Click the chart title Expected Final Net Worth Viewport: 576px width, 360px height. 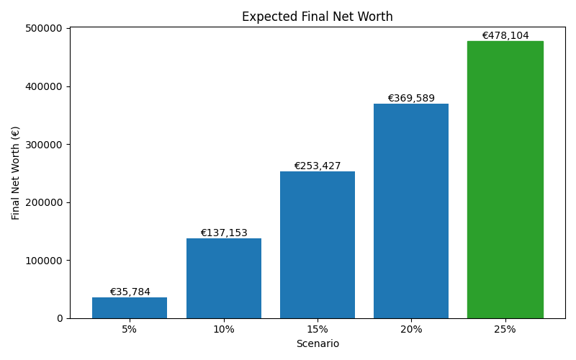(x=318, y=17)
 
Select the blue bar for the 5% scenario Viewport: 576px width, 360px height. (x=130, y=307)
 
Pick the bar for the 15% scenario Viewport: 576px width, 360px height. (x=318, y=245)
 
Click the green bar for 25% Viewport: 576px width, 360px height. (x=505, y=180)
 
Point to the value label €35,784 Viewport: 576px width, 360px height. (x=130, y=292)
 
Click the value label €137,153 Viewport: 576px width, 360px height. (x=224, y=233)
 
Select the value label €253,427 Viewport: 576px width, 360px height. (x=318, y=166)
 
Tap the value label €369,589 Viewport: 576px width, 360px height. (x=411, y=99)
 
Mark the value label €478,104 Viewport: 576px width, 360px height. (x=505, y=35)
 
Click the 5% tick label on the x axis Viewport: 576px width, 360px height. (x=130, y=329)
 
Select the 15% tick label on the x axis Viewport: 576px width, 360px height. (x=318, y=329)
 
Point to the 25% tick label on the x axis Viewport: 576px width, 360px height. (x=505, y=329)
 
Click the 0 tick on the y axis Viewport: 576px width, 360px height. (x=60, y=318)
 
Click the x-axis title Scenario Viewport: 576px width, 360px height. (x=318, y=344)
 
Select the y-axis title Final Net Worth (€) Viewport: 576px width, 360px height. (x=16, y=173)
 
